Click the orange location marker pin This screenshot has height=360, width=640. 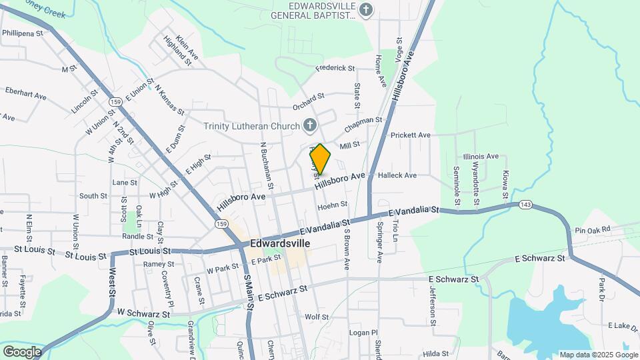(320, 159)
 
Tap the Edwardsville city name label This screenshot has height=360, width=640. (280, 243)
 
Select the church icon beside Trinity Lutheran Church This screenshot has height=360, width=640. (309, 125)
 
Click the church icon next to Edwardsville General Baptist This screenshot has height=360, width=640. (365, 9)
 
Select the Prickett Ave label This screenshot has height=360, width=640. (411, 135)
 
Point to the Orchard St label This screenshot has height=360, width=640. (308, 107)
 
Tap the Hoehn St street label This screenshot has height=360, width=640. (333, 205)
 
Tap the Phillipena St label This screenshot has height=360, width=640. (22, 32)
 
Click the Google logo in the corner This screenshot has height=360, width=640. (21, 351)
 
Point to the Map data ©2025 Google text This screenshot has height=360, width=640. (598, 355)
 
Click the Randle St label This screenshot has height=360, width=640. (137, 236)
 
